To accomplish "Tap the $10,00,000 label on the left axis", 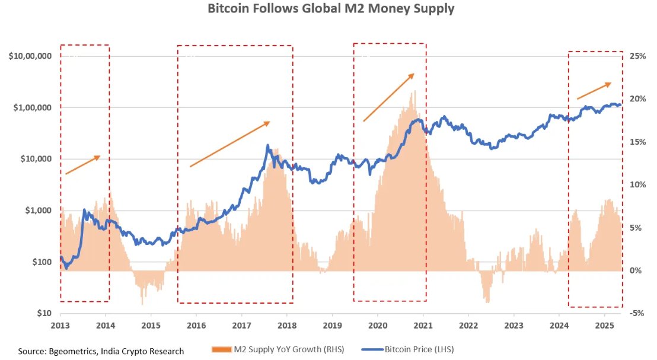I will tap(30, 56).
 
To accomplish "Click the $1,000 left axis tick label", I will tap(37, 211).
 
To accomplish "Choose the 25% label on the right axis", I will tap(637, 56).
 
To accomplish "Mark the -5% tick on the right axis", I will tap(637, 313).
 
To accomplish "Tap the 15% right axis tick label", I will tap(637, 142).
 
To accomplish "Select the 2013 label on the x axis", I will tap(60, 326).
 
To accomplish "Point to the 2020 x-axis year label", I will tap(378, 326).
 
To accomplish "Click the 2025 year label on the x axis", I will tap(604, 326).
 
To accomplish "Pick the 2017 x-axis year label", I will tap(241, 326).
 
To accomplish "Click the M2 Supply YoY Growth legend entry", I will tap(278, 349).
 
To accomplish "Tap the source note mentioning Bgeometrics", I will tap(101, 351).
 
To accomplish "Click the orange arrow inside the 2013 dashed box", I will tap(82, 165).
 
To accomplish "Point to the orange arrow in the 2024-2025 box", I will tap(594, 91).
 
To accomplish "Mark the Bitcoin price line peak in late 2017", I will tap(268, 145).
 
